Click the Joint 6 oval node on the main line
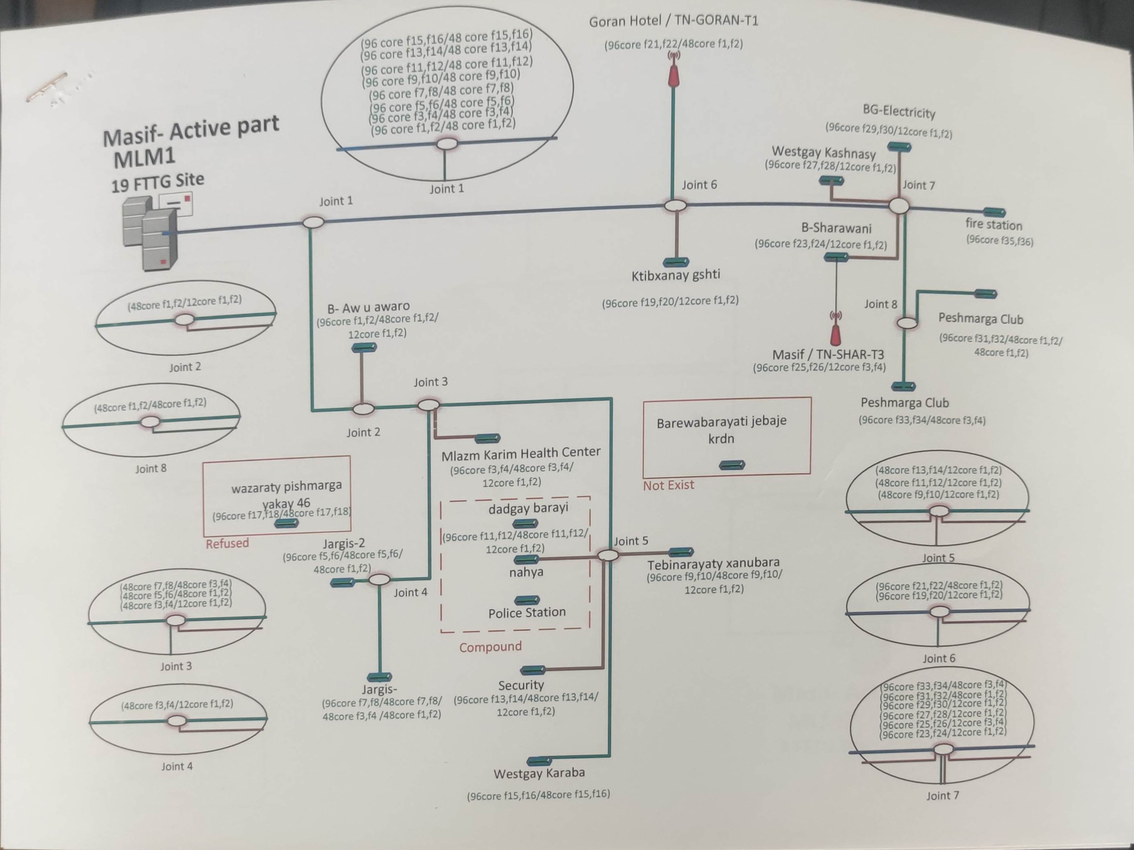(675, 205)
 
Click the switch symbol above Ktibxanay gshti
(676, 262)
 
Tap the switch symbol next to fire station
(994, 212)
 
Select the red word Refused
(227, 543)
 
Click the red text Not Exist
(668, 485)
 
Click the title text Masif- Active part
(191, 131)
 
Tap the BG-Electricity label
(899, 111)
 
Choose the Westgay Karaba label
(539, 773)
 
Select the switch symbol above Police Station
(527, 600)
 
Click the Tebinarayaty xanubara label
(713, 565)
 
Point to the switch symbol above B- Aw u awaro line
(364, 348)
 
